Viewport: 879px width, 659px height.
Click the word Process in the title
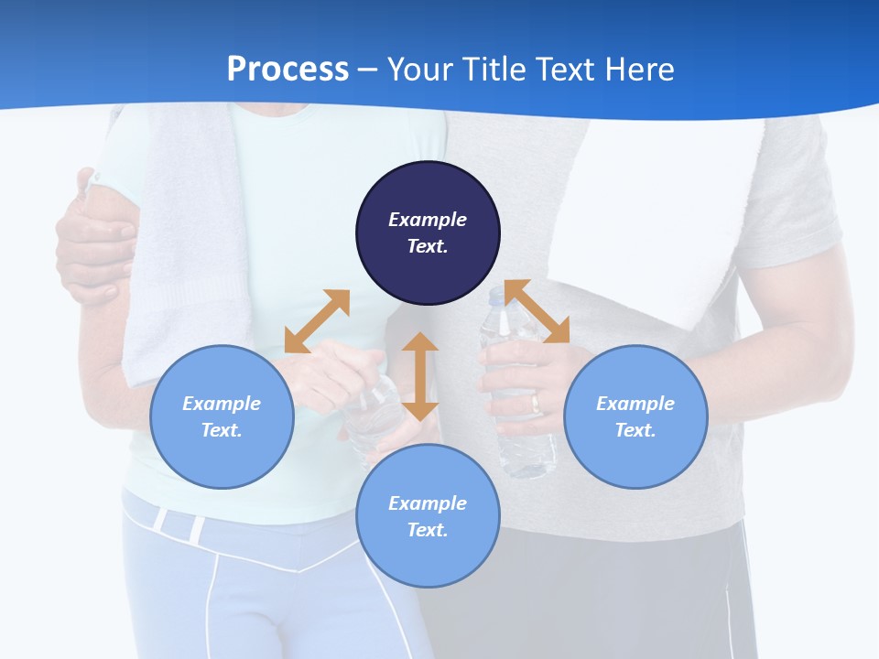coord(288,70)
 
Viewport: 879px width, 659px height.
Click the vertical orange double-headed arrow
coord(420,376)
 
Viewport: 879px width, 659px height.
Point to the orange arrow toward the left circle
coord(317,321)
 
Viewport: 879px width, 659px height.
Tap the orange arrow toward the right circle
coord(537,312)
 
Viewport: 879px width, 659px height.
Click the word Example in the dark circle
coord(428,220)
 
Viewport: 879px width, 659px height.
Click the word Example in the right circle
coord(635,404)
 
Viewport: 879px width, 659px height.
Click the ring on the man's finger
coord(537,401)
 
